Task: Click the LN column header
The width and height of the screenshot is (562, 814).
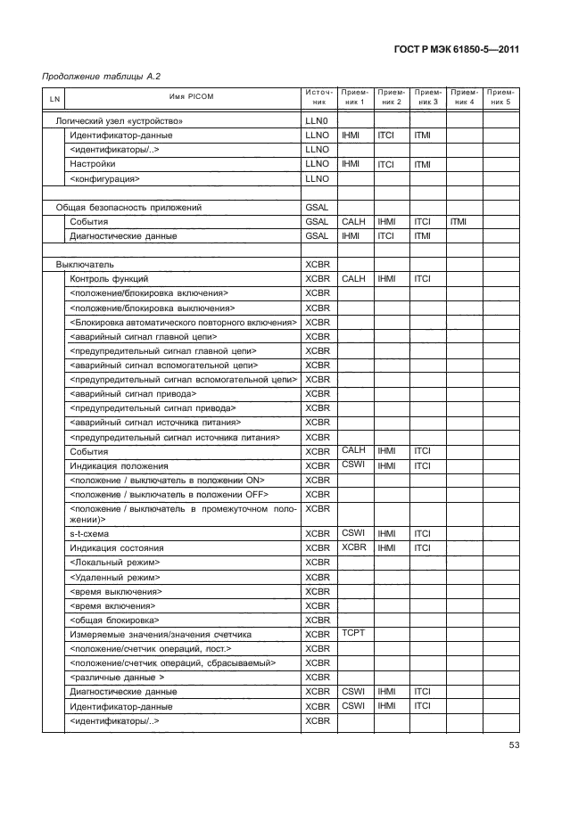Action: pos(54,97)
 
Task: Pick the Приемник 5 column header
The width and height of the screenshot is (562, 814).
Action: pos(501,96)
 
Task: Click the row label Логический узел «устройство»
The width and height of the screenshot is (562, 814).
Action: pos(120,120)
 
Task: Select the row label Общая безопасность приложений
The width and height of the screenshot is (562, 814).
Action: pos(128,207)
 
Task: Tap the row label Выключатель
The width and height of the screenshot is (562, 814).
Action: pos(85,265)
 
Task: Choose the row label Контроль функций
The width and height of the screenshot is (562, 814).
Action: pos(103,279)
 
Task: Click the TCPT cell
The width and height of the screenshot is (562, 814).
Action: pos(354,632)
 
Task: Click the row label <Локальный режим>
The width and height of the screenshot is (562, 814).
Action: pos(114,563)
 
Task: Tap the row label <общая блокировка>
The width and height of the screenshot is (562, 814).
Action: pos(114,620)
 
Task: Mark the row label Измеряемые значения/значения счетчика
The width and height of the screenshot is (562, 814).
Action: pos(161,635)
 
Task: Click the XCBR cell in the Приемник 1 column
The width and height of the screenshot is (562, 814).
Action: pos(354,547)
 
